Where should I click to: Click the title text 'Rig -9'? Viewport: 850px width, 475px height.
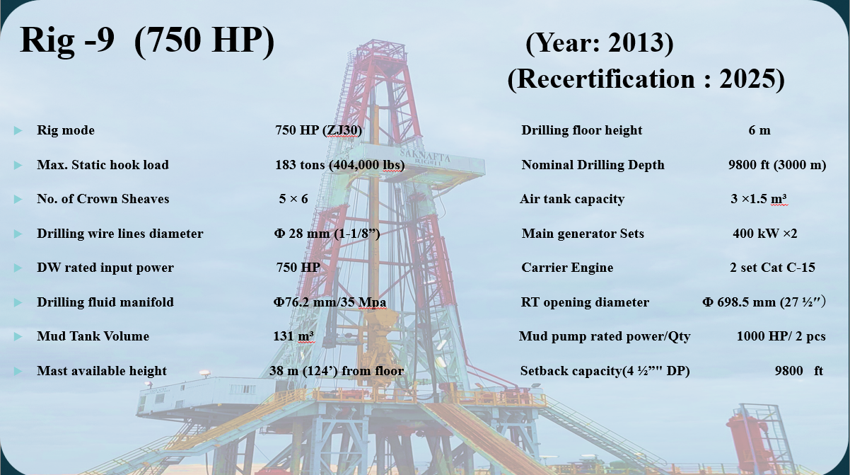click(66, 40)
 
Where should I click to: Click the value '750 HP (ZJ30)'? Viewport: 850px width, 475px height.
click(318, 130)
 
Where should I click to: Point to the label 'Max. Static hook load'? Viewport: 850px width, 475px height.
click(103, 165)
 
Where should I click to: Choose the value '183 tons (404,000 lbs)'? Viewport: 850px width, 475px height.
click(340, 165)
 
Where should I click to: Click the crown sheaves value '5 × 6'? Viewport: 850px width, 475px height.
click(293, 199)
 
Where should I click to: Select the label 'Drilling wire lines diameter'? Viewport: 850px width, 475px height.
click(120, 234)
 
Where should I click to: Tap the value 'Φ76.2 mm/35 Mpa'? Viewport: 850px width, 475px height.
click(330, 302)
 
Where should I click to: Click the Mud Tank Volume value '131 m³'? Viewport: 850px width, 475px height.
click(293, 336)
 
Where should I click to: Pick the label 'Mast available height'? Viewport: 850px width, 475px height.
click(102, 371)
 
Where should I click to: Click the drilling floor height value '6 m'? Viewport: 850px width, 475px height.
click(759, 130)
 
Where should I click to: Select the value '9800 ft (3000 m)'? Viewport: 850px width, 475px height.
click(777, 165)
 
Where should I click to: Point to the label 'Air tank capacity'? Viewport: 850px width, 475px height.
click(572, 199)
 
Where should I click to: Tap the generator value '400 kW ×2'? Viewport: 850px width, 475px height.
click(764, 234)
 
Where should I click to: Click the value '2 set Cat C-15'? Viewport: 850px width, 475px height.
click(772, 268)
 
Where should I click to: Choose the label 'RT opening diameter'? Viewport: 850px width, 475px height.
click(585, 302)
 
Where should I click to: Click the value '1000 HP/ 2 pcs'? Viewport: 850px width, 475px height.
click(781, 336)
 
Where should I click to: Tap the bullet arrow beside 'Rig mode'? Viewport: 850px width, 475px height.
click(18, 131)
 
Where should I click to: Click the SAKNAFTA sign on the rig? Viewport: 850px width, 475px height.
click(425, 156)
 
